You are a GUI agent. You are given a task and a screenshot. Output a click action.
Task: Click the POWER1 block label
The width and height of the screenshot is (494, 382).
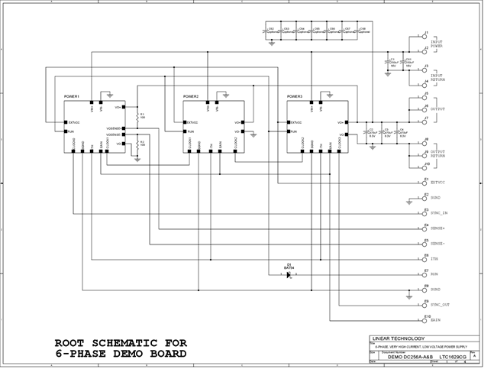[72, 97]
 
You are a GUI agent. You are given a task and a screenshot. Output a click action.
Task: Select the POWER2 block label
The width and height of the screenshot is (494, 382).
[191, 97]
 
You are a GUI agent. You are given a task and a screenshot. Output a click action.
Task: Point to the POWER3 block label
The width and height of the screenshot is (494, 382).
[295, 97]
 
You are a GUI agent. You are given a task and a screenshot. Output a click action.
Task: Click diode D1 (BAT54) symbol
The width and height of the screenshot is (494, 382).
[289, 275]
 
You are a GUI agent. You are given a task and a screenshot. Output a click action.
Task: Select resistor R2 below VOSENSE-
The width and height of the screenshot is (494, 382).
[137, 144]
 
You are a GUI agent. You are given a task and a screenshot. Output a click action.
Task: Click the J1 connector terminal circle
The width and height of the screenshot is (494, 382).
[425, 36]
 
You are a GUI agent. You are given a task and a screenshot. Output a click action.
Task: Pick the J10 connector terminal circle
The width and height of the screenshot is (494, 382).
[425, 165]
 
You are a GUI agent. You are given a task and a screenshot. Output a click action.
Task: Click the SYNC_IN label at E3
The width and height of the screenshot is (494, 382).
[439, 212]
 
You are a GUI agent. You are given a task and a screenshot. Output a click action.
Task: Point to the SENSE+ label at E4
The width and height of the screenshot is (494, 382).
[437, 228]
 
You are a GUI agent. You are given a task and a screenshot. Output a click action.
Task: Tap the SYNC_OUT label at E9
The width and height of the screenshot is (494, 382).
[440, 305]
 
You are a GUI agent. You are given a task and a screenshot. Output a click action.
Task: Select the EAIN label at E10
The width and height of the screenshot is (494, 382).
[435, 320]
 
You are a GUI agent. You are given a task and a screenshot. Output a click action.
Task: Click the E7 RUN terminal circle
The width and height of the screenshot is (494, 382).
[425, 274]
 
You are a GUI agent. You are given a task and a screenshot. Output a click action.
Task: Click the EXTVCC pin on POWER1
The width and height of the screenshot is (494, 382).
[66, 122]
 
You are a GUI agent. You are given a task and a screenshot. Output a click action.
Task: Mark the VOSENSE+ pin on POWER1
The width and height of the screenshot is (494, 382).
[124, 128]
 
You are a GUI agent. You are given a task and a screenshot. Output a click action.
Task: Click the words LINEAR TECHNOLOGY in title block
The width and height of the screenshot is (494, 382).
[393, 338]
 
